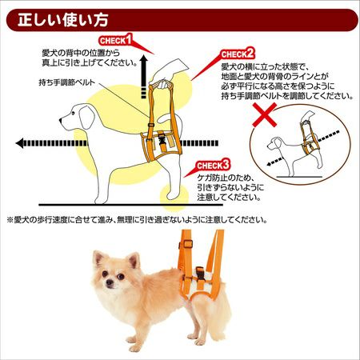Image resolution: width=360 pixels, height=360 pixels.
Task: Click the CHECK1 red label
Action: [116, 40]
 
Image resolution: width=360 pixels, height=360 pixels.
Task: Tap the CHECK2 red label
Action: [238, 54]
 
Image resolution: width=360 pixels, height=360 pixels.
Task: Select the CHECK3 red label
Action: [213, 165]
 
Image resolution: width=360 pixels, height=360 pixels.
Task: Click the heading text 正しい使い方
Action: [63, 20]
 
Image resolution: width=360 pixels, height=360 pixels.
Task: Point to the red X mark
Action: [265, 115]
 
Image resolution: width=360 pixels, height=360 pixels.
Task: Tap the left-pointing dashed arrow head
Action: [19, 143]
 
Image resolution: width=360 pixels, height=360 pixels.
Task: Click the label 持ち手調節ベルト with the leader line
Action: [67, 82]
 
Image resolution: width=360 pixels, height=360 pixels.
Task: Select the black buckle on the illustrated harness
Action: [162, 139]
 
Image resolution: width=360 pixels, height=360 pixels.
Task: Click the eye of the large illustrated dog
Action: [73, 114]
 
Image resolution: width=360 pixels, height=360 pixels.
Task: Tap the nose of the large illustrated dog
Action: [61, 121]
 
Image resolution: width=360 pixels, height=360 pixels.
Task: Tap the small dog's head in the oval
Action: [275, 144]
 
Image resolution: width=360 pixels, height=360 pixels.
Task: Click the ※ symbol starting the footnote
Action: [10, 220]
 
